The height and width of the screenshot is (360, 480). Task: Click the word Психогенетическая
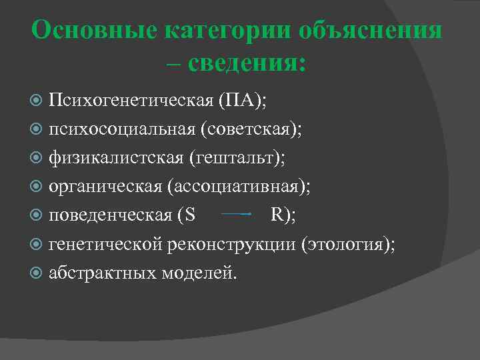click(129, 101)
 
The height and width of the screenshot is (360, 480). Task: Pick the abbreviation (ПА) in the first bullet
click(241, 101)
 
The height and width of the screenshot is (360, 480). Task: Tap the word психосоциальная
click(119, 129)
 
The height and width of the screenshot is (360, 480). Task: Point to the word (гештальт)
click(237, 158)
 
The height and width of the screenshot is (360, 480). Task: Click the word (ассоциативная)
click(241, 187)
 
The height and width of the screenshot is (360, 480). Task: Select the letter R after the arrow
click(277, 215)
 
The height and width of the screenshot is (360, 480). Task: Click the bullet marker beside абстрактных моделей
click(37, 273)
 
